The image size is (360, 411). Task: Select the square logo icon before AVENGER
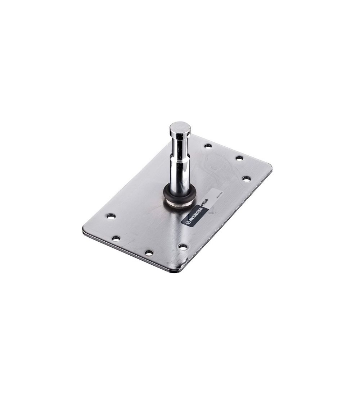click(188, 223)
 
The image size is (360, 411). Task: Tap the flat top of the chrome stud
click(180, 126)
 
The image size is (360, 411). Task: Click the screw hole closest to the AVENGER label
click(183, 247)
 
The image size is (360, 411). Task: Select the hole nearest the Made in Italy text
click(246, 178)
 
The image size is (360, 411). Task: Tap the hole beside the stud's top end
click(208, 146)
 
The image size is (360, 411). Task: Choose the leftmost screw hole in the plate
click(111, 216)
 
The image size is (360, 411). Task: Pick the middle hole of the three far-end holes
click(239, 157)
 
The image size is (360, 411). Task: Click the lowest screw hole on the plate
click(149, 253)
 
